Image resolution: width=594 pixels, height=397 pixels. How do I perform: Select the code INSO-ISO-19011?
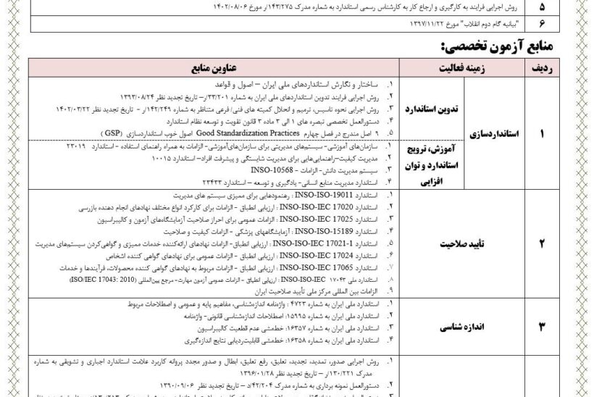pyautogui.click(x=311, y=196)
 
